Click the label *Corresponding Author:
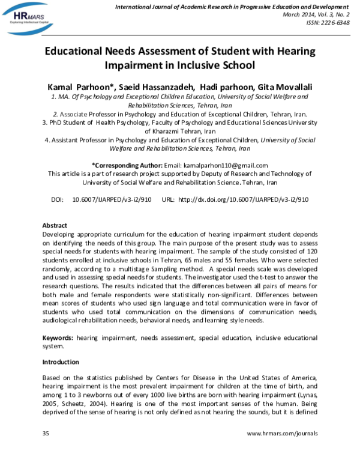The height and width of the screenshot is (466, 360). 126,166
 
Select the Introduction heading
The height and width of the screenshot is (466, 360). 61,362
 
